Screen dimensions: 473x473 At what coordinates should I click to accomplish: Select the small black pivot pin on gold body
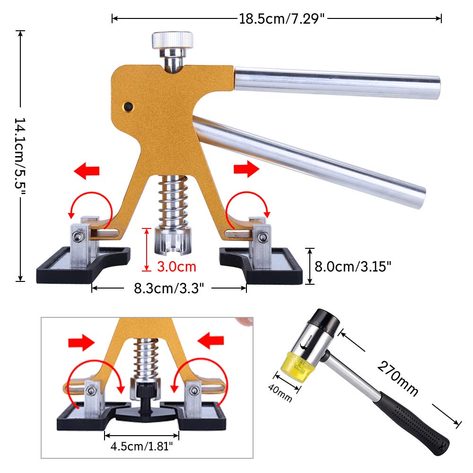coord(127,107)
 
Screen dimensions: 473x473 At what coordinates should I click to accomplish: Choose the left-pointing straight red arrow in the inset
coord(210,340)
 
